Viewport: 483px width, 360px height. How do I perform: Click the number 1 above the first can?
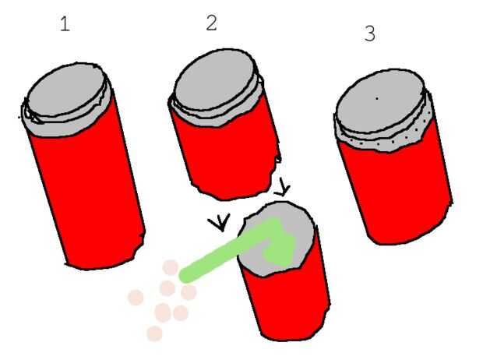(65, 24)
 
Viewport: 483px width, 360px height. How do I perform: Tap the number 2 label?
(211, 23)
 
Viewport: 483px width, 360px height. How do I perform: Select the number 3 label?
(369, 34)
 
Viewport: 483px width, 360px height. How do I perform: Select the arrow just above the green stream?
(220, 223)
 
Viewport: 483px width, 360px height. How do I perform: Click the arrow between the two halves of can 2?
(282, 187)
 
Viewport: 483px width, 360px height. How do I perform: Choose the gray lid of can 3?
(381, 101)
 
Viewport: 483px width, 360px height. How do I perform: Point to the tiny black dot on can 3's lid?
(377, 99)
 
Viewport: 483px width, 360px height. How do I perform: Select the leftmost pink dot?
(136, 298)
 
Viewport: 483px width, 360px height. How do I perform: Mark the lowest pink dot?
(154, 334)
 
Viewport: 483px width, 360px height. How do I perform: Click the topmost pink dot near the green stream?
(171, 267)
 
